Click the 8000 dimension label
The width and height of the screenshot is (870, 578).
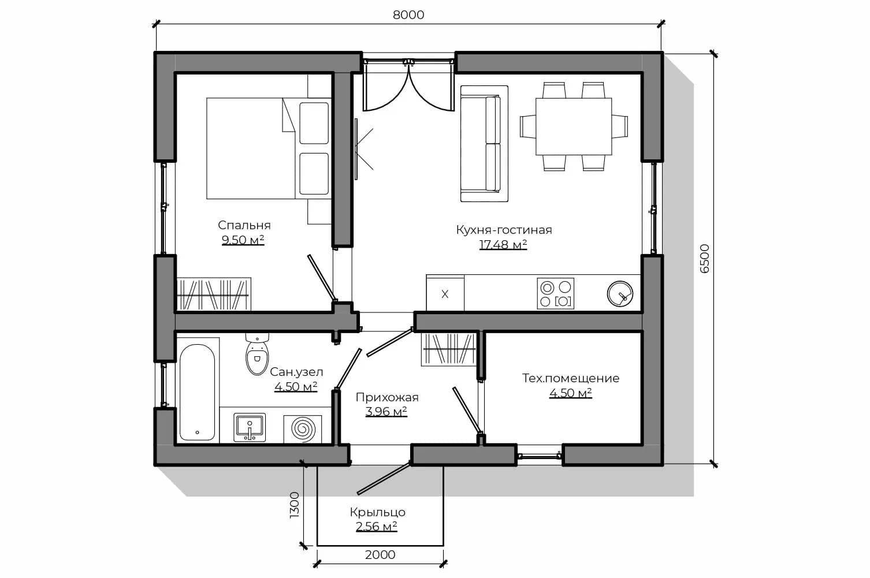(408, 15)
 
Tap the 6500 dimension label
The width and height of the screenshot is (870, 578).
(704, 259)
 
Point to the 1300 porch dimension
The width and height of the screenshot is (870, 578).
(295, 505)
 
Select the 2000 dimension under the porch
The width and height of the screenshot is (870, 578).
(380, 555)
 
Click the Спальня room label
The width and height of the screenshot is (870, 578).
(244, 225)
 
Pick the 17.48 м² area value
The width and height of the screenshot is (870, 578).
(503, 245)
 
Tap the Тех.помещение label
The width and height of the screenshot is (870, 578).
(571, 378)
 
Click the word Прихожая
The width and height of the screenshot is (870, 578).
(387, 397)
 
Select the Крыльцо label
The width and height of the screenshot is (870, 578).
(377, 512)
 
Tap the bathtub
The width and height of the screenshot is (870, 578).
(198, 392)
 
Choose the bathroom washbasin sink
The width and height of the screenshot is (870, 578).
(250, 427)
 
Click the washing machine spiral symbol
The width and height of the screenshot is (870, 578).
(303, 429)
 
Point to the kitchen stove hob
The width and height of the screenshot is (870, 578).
(555, 293)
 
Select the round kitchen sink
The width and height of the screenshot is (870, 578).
(620, 294)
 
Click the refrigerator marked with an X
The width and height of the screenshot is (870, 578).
(445, 294)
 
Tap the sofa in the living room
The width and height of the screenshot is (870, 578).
(484, 144)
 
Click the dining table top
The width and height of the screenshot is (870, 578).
(574, 126)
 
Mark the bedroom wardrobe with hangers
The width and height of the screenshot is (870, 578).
(214, 294)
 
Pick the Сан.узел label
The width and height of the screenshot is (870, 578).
(296, 372)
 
